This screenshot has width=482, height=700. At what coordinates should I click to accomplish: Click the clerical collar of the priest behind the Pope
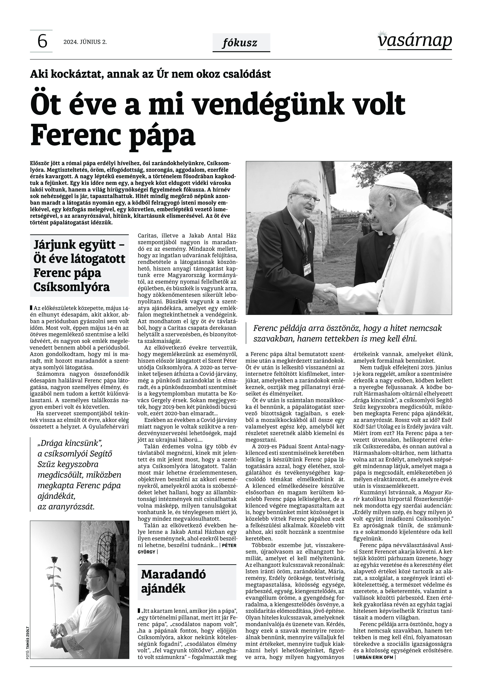coord(380,233)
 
